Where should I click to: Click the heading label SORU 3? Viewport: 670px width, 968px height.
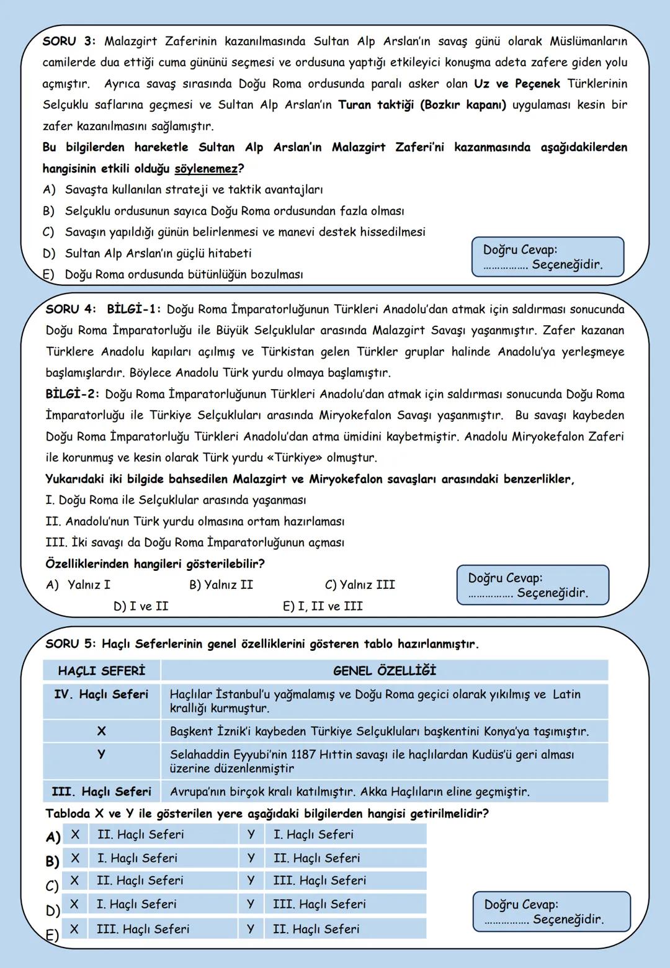[x=69, y=42]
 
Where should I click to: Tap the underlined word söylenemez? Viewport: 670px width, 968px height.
[x=206, y=169]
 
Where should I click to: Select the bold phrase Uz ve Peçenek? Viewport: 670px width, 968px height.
[x=517, y=84]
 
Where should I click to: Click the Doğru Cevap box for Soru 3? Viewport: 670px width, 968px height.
[x=547, y=257]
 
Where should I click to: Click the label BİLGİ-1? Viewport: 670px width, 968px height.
[x=134, y=309]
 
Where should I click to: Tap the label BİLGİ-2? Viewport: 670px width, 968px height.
[x=73, y=394]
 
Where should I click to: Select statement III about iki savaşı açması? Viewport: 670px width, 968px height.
[x=195, y=542]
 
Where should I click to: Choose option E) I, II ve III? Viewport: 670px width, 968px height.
[x=323, y=606]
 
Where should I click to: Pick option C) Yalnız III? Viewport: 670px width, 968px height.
[x=360, y=585]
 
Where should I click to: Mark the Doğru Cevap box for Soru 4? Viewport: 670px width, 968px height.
[x=532, y=585]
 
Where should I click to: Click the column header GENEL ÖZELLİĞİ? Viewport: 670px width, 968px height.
[x=384, y=671]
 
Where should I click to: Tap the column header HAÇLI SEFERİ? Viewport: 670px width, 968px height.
[x=101, y=671]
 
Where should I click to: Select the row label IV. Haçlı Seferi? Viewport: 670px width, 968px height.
[x=101, y=694]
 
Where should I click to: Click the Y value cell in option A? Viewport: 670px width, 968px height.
[x=313, y=835]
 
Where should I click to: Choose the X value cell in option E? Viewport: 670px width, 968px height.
[x=143, y=929]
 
